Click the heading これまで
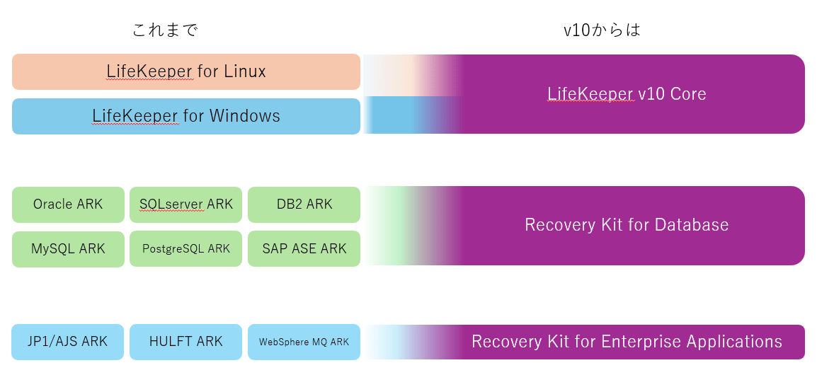[165, 30]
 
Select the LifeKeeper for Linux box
[186, 71]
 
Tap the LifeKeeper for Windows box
[186, 116]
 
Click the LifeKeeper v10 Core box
[627, 94]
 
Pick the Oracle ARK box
[68, 204]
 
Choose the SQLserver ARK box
[186, 204]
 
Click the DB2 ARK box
[304, 204]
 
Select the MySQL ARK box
[68, 249]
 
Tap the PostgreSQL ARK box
[186, 249]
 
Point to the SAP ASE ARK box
[304, 249]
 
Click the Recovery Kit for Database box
[627, 225]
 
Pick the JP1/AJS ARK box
[68, 342]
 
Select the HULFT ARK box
[186, 342]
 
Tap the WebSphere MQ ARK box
[304, 342]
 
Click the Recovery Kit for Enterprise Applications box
[627, 342]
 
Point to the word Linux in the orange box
[244, 71]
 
